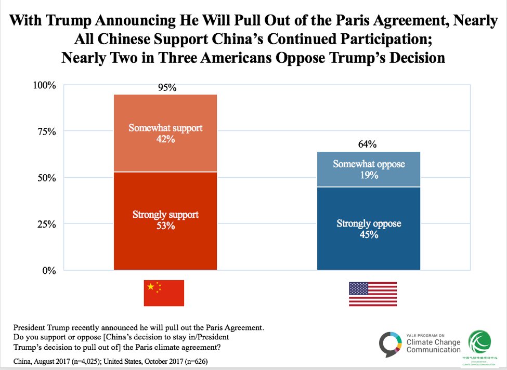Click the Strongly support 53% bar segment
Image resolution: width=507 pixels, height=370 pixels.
click(166, 221)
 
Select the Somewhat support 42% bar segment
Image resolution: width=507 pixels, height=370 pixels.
click(166, 133)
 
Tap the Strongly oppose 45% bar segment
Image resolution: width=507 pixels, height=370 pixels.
click(369, 229)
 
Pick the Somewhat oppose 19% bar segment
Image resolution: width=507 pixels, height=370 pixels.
click(369, 169)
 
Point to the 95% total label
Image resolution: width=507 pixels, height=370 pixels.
click(167, 88)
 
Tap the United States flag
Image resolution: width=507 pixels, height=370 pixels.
click(372, 294)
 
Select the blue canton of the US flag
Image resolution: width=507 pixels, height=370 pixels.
click(358, 287)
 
